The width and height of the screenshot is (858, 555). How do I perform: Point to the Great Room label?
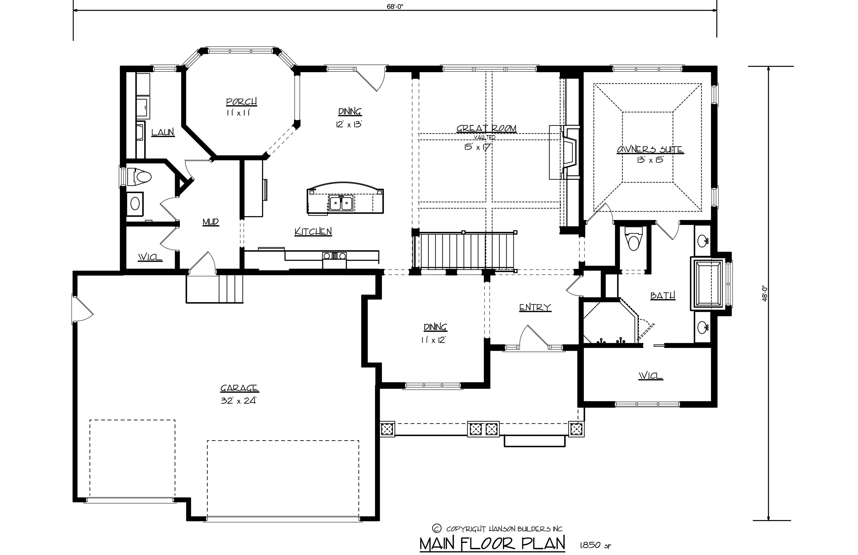tap(486, 129)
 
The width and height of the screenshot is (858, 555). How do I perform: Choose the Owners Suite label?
tap(650, 149)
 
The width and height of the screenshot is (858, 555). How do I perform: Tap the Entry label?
tap(535, 307)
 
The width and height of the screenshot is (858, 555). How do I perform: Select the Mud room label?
tap(211, 222)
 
